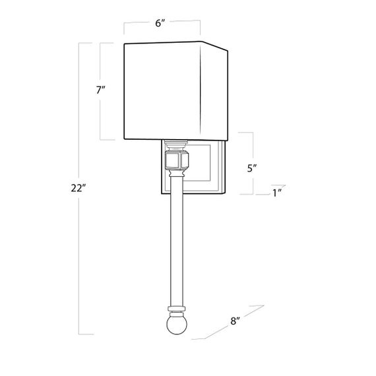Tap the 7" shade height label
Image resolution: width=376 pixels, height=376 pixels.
point(100,91)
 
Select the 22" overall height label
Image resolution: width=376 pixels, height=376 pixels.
point(78,188)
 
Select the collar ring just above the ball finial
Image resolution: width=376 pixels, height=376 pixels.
point(175,309)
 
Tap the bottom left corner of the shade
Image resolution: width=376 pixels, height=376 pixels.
point(125,140)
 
